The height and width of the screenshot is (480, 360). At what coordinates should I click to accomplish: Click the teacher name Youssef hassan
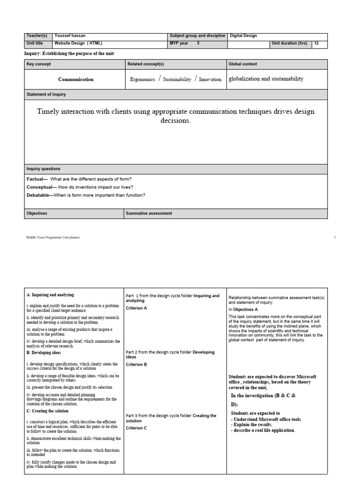tap(71, 36)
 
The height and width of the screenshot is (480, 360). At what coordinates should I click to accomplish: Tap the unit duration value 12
tap(317, 43)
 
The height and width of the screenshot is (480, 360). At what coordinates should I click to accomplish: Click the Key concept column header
tap(39, 64)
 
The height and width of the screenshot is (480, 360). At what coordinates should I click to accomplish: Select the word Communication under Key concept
tap(75, 79)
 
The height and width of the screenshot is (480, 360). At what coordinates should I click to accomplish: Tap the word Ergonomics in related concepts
tap(142, 80)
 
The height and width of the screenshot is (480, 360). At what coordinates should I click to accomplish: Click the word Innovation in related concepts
tap(210, 80)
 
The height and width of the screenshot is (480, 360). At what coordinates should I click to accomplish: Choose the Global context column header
tap(243, 64)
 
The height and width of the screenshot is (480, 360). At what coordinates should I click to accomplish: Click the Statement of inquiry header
tap(46, 94)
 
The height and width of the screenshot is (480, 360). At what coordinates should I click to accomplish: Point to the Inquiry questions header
tap(43, 169)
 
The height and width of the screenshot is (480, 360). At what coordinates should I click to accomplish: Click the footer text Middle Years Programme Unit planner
tap(53, 238)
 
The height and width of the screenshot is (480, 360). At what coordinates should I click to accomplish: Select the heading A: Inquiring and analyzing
tap(50, 295)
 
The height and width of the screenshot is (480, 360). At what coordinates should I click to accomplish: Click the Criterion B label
tap(136, 364)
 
